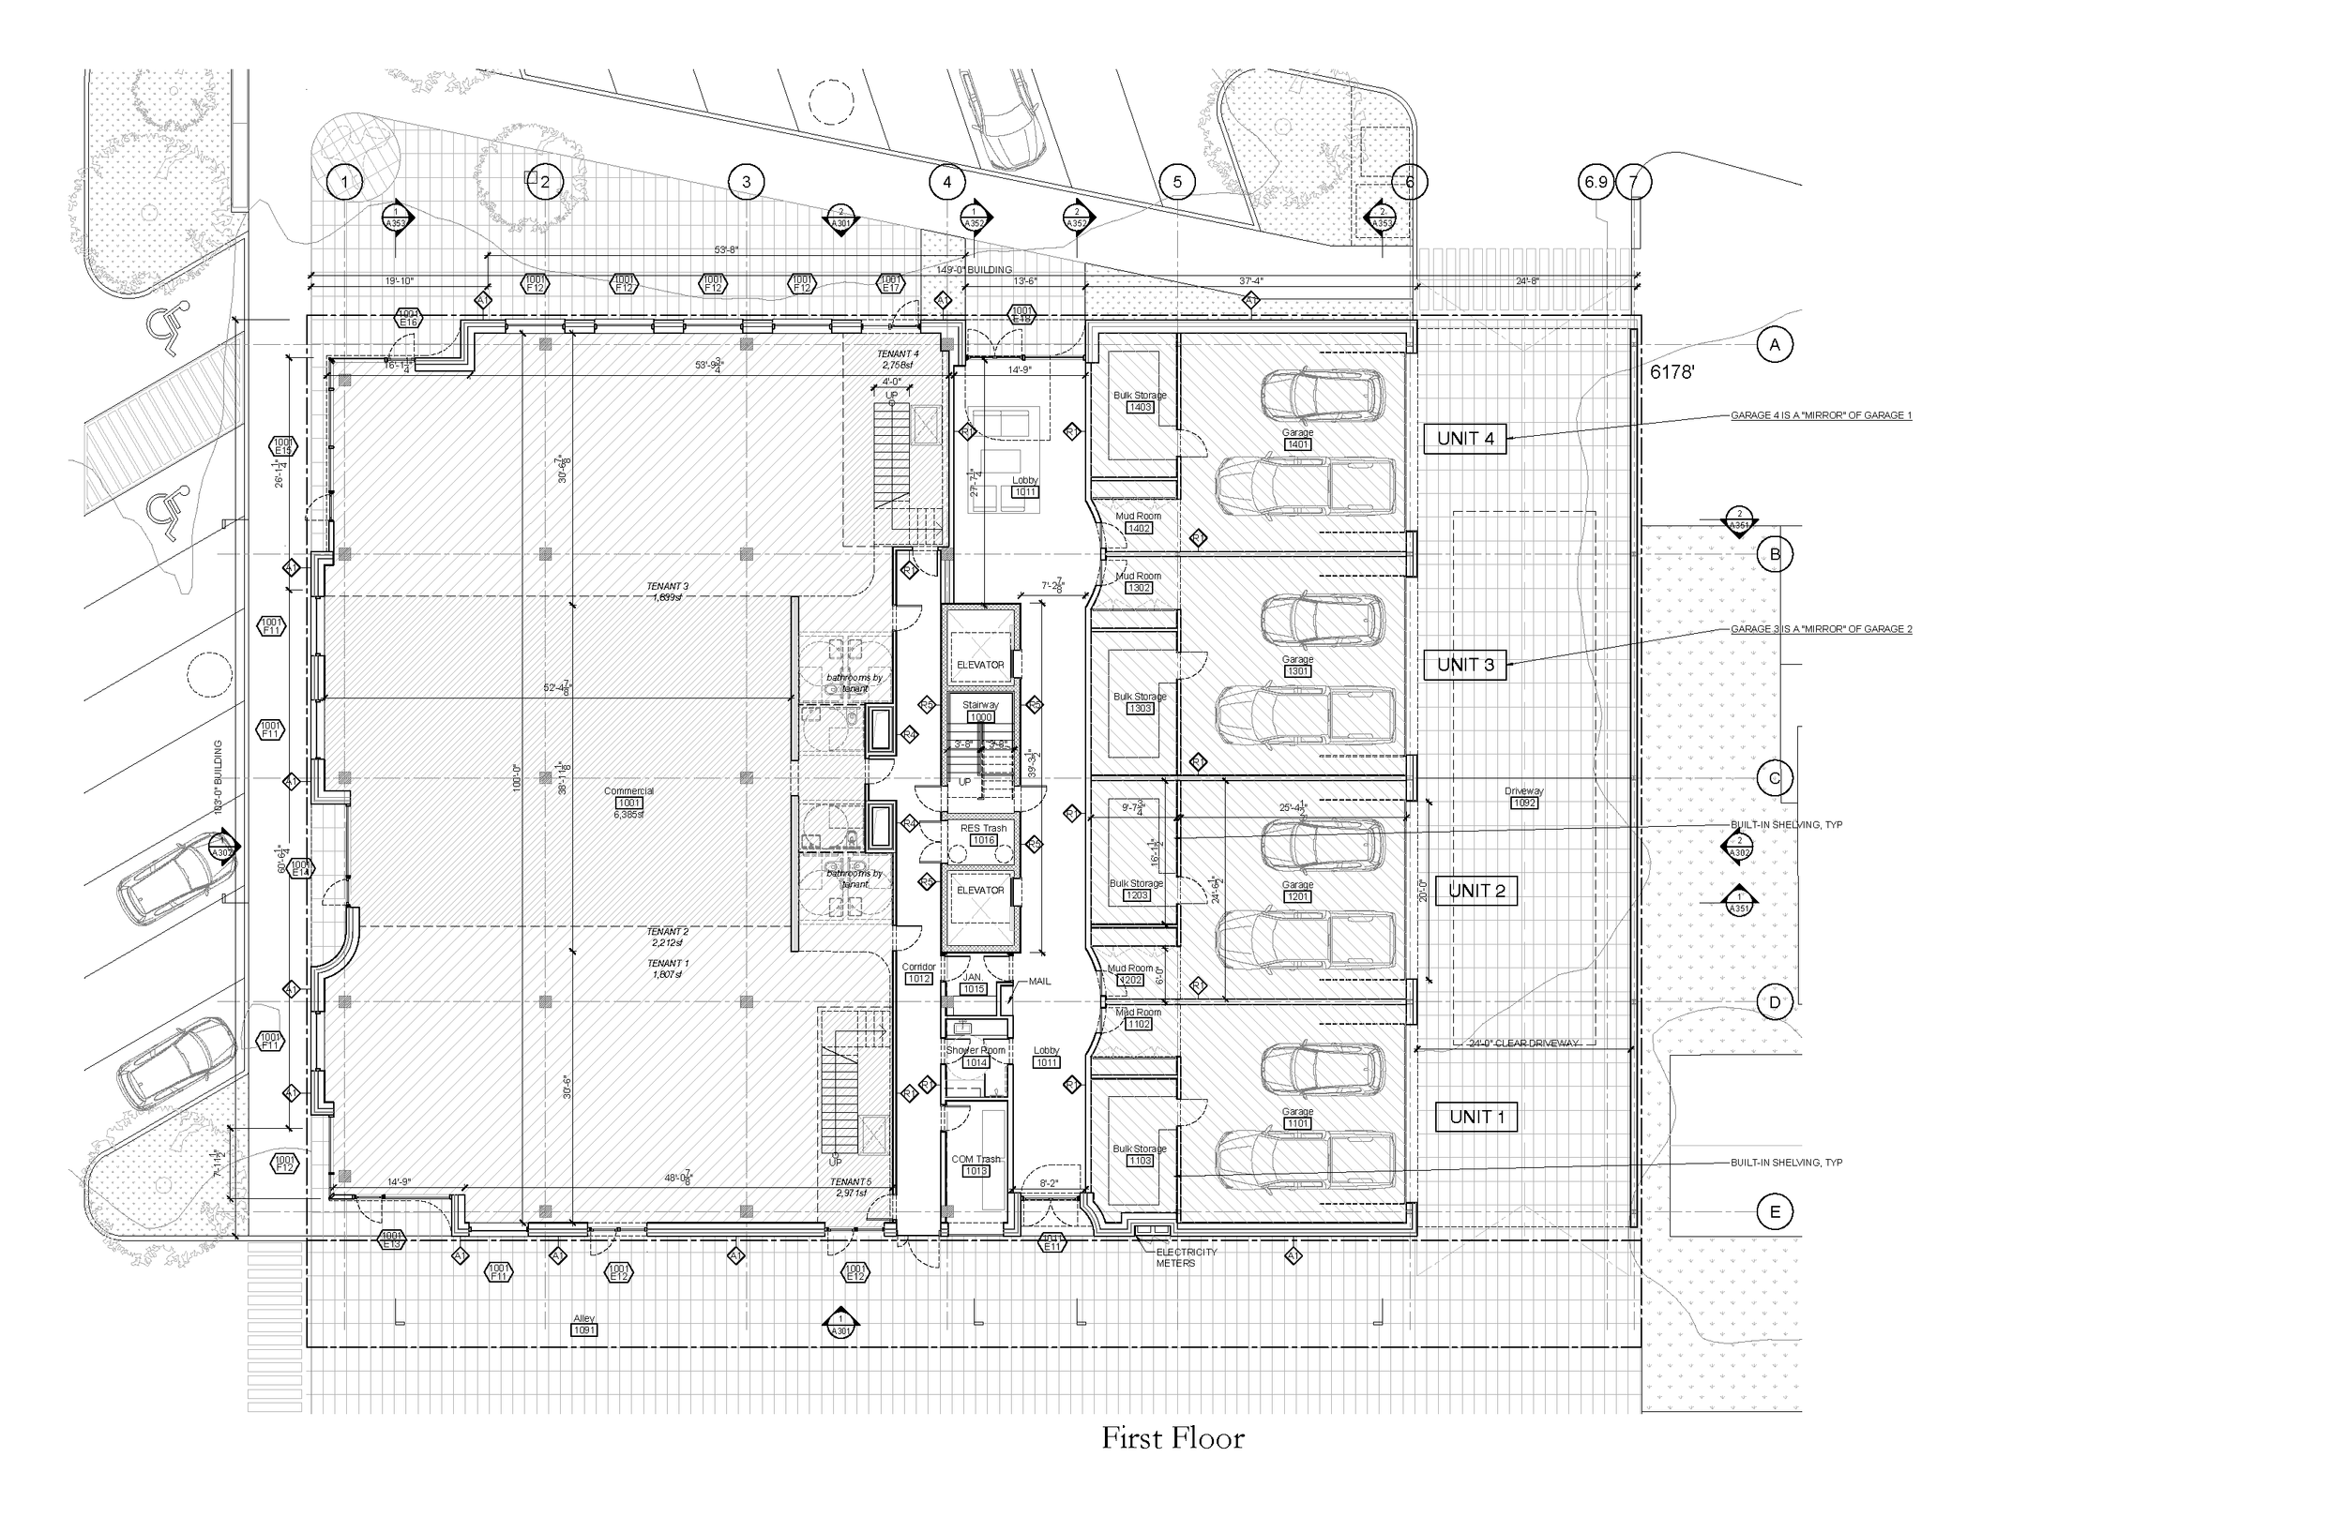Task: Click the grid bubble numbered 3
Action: click(746, 181)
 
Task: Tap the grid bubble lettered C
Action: click(1775, 778)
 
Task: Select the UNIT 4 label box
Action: click(1465, 439)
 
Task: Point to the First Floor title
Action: click(1172, 1439)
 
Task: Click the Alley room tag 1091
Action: click(584, 1329)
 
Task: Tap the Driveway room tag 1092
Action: click(1523, 803)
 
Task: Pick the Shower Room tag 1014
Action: click(976, 1063)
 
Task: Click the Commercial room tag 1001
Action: click(628, 803)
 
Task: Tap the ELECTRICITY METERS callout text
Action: click(1186, 1257)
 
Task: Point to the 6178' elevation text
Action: click(1672, 372)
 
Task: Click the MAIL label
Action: click(1039, 981)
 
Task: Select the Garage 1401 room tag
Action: click(1297, 444)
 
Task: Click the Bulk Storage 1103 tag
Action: click(1140, 1161)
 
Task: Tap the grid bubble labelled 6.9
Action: click(1596, 182)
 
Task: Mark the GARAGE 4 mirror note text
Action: click(1821, 415)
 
